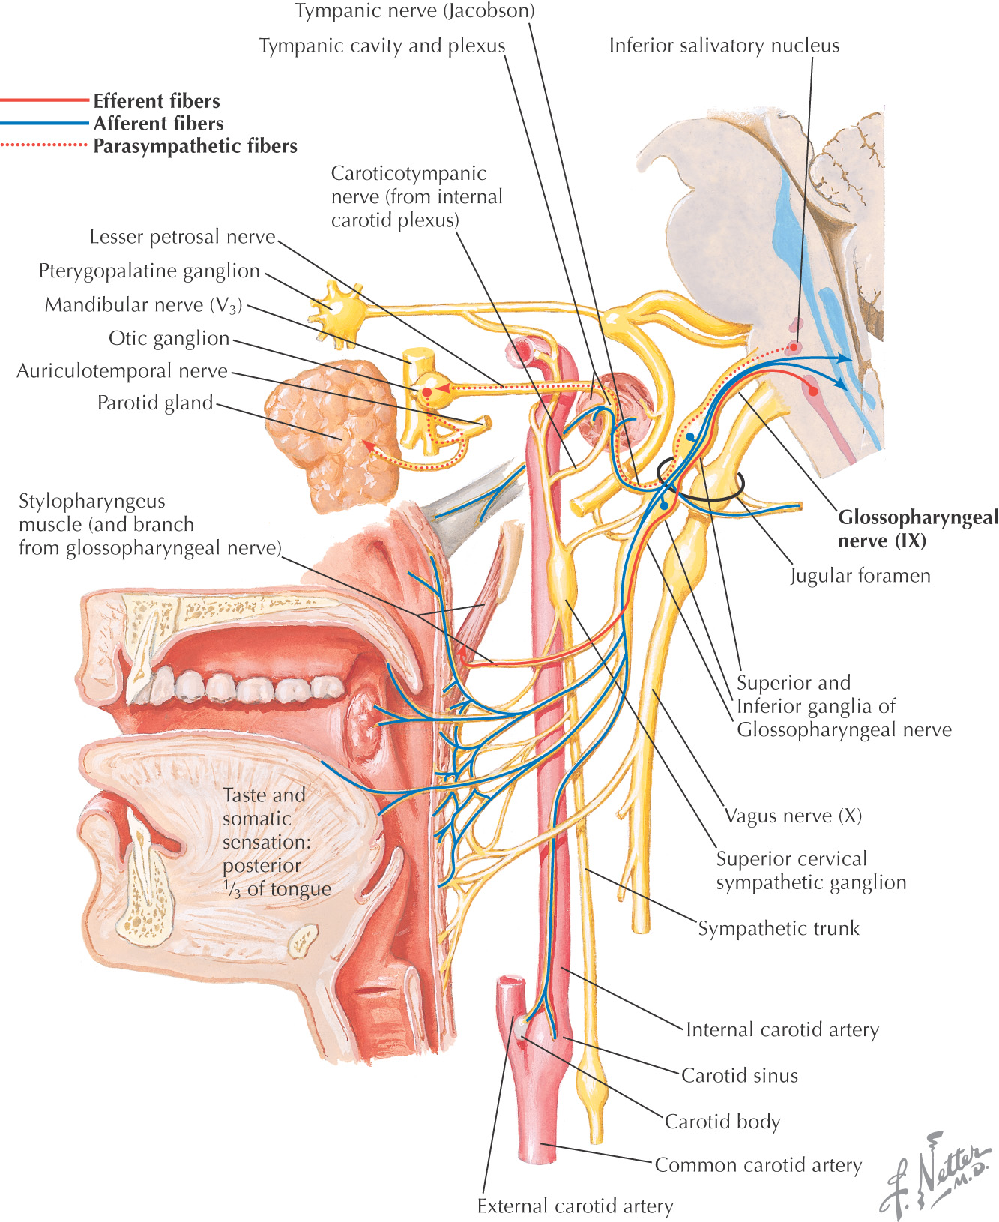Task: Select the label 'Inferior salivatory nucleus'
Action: pyautogui.click(x=724, y=46)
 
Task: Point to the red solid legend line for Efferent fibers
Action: pyautogui.click(x=45, y=100)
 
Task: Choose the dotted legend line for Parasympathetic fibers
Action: pyautogui.click(x=45, y=145)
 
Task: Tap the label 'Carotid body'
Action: pyautogui.click(x=722, y=1121)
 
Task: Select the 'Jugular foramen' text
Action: pyautogui.click(x=860, y=576)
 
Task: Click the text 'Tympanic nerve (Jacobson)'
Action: pyautogui.click(x=414, y=11)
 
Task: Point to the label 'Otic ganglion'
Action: pyautogui.click(x=169, y=338)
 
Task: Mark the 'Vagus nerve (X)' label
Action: pyautogui.click(x=793, y=816)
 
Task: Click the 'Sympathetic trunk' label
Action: pyautogui.click(x=779, y=928)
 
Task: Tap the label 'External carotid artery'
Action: pyautogui.click(x=575, y=1206)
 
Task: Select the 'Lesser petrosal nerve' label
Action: pyautogui.click(x=182, y=237)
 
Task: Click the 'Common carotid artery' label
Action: pyautogui.click(x=758, y=1164)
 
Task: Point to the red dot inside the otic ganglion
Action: pyautogui.click(x=426, y=391)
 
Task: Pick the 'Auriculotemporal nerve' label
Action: pyautogui.click(x=122, y=371)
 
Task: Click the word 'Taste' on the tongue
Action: pyautogui.click(x=244, y=795)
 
